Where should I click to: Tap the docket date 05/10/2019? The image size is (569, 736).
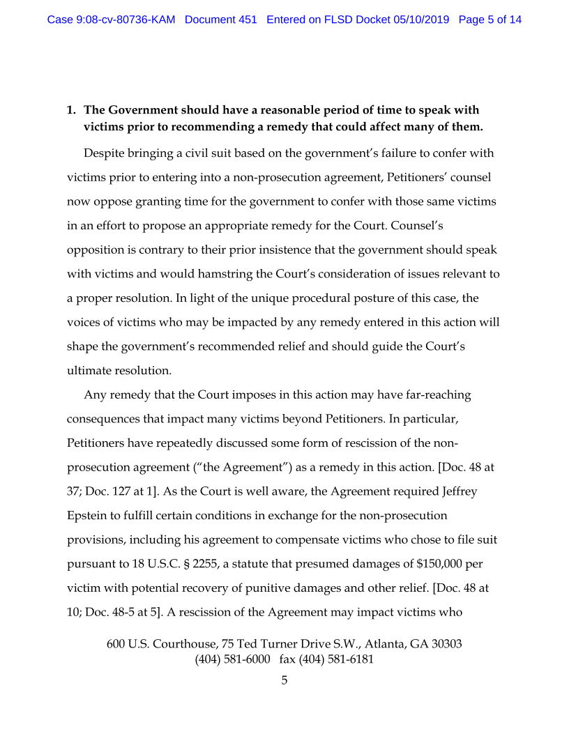click(423, 20)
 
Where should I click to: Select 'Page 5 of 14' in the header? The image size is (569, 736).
click(490, 20)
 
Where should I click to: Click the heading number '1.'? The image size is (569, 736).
click(71, 110)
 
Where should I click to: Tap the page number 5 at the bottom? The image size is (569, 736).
click(284, 680)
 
